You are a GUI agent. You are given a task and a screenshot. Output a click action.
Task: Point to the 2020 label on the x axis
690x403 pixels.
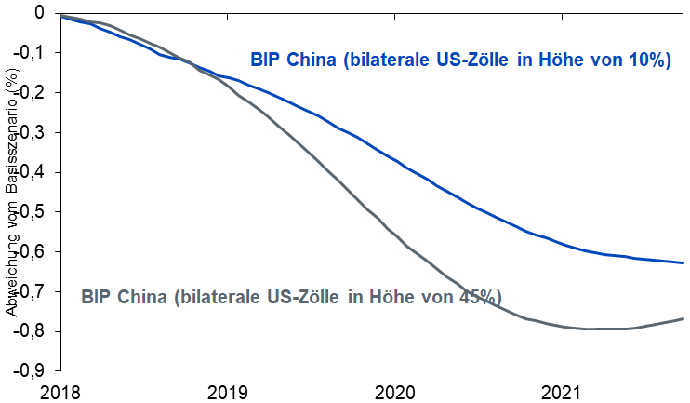coord(397,391)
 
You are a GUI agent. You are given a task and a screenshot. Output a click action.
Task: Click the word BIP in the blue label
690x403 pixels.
coord(266,60)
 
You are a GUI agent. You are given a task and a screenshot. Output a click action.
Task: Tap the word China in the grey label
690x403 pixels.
coord(142,297)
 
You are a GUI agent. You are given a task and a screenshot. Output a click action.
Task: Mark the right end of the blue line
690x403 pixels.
coord(683,263)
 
